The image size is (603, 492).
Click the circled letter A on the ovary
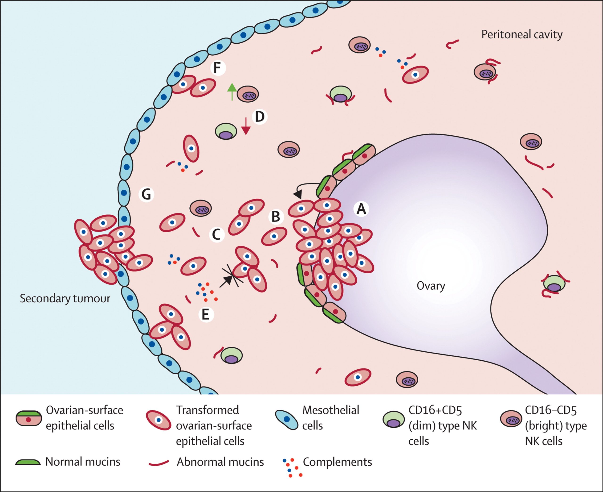coord(361,209)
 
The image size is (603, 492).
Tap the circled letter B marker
coord(276,217)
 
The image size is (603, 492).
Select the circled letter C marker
coord(216,234)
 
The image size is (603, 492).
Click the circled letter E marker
coord(206,315)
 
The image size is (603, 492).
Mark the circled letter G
coord(146,194)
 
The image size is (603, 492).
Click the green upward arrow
coord(232,91)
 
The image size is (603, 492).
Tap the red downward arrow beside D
coord(246,126)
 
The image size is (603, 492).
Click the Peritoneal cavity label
coord(522,35)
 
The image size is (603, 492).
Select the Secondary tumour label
coord(65,299)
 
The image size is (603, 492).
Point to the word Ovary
coord(431,286)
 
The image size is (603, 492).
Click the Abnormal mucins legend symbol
coord(159,463)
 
